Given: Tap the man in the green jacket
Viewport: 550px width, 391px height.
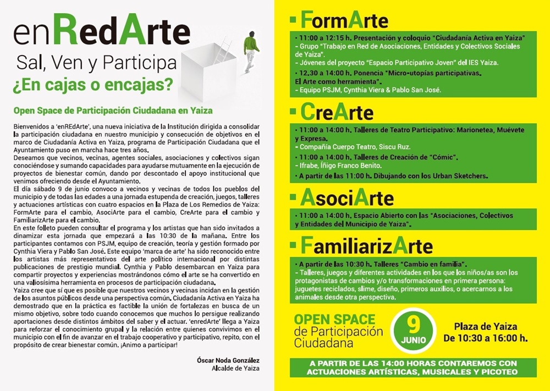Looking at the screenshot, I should (x=251, y=49).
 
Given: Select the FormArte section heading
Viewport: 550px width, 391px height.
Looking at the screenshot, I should (x=344, y=20).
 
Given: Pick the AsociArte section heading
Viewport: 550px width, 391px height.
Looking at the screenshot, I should (x=347, y=197).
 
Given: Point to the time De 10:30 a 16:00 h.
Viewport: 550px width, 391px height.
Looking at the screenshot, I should (x=485, y=338).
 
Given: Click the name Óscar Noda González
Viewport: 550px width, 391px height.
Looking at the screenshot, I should (x=228, y=360).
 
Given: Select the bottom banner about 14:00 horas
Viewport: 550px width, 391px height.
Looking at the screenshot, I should (x=413, y=368).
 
